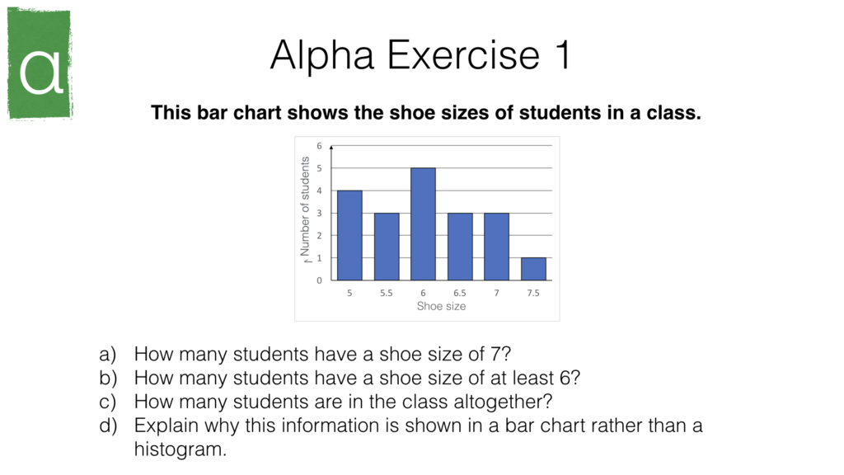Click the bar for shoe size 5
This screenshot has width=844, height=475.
pyautogui.click(x=349, y=236)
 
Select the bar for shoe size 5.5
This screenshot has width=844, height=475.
pyautogui.click(x=387, y=247)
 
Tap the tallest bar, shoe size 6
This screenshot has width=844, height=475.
pyautogui.click(x=423, y=224)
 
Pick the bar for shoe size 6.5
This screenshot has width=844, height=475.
pyautogui.click(x=460, y=247)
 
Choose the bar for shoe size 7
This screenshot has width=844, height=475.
pyautogui.click(x=496, y=247)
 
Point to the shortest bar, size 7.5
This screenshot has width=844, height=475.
pyautogui.click(x=532, y=269)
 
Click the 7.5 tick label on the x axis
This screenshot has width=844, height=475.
pyautogui.click(x=532, y=293)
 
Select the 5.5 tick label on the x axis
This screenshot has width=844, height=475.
pyautogui.click(x=387, y=293)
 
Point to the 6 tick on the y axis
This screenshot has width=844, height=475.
pyautogui.click(x=320, y=146)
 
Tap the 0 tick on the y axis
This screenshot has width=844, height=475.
pyautogui.click(x=320, y=280)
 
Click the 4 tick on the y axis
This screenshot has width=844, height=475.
pyautogui.click(x=320, y=190)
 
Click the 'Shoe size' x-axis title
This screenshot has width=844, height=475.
pyautogui.click(x=441, y=306)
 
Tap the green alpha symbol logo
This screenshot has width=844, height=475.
pyautogui.click(x=40, y=63)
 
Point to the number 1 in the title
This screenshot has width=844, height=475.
pyautogui.click(x=560, y=56)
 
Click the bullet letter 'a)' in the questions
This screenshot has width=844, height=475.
pyautogui.click(x=108, y=355)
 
